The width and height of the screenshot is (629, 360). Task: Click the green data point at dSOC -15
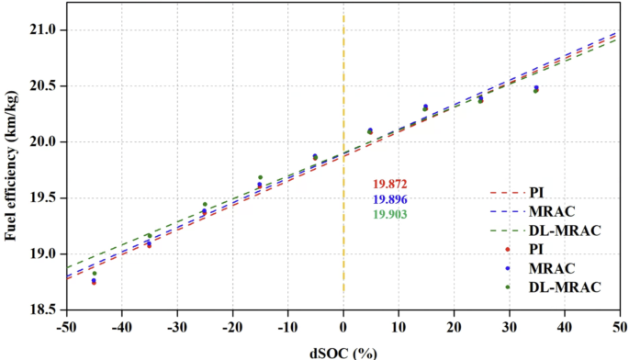point(260,177)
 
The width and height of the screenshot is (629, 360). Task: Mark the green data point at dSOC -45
point(94,273)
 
